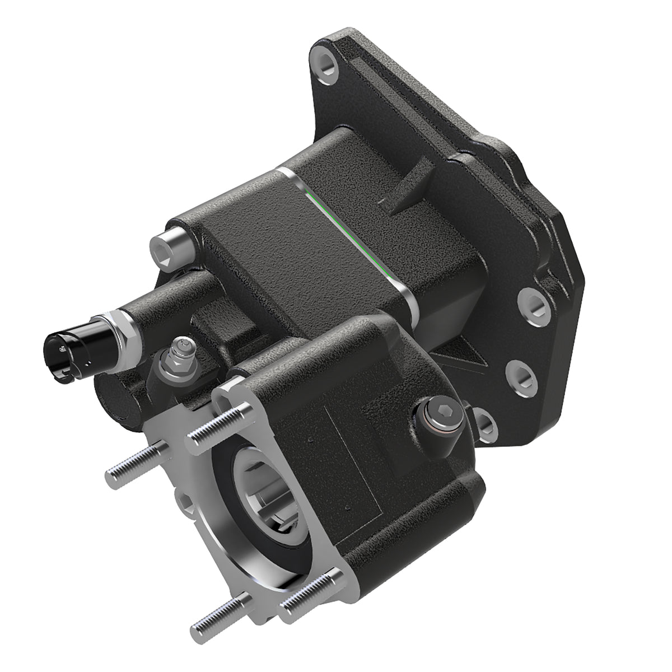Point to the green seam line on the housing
(x=353, y=235)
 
